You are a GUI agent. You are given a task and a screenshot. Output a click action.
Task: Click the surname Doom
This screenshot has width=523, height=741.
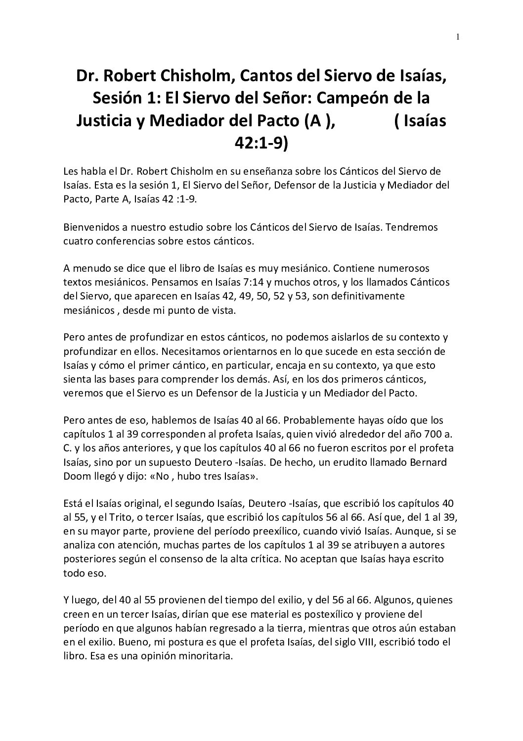[76, 476]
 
